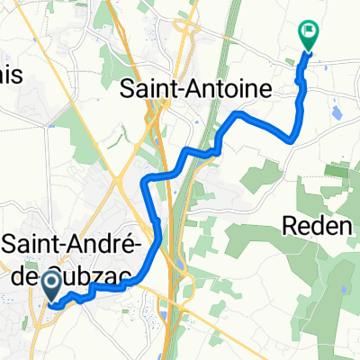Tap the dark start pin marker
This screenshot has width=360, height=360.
(50, 287)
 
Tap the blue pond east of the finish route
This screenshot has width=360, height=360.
(337, 114)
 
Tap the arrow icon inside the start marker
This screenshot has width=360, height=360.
(50, 285)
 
